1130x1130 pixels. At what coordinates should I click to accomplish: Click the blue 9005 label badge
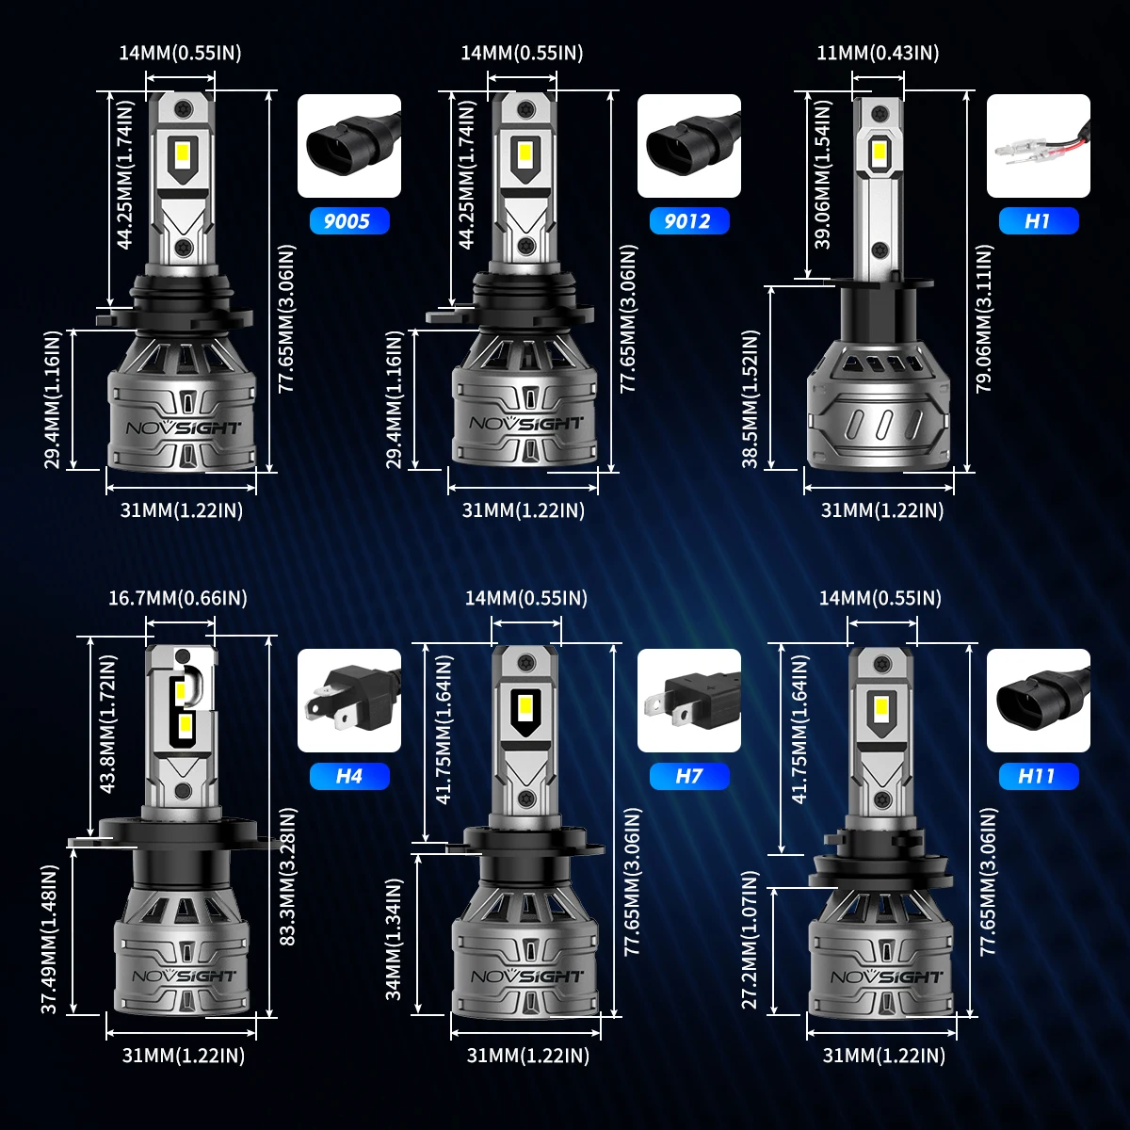(348, 221)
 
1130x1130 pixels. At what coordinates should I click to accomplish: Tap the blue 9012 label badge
(689, 221)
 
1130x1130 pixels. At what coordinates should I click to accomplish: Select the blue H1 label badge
(1038, 221)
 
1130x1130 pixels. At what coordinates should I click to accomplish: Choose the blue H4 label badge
(348, 776)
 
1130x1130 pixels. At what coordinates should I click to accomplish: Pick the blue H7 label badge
(689, 776)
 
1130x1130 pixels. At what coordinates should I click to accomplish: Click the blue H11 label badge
(1038, 776)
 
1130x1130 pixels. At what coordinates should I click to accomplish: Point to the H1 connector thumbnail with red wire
(1038, 146)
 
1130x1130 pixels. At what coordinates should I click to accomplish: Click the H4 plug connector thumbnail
(348, 701)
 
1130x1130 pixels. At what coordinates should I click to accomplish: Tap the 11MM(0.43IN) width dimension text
(878, 53)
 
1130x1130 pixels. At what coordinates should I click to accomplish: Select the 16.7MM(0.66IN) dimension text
(178, 598)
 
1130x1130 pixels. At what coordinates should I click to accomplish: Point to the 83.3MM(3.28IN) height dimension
(289, 876)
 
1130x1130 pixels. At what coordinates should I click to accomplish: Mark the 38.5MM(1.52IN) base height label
(751, 397)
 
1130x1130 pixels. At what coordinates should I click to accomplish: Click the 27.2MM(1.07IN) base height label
(751, 939)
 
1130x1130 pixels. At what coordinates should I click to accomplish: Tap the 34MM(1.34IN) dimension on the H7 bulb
(395, 939)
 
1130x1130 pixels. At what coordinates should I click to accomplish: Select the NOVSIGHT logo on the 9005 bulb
(184, 427)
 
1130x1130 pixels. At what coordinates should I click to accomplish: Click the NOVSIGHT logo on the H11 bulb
(886, 977)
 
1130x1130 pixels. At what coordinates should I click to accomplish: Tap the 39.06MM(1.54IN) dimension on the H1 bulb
(824, 186)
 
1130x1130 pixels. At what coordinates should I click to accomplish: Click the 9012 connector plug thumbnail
(689, 146)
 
